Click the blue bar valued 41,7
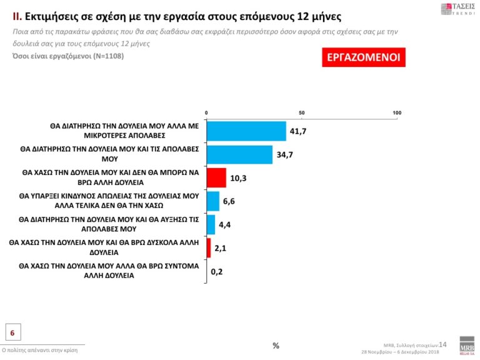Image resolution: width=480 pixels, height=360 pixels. coord(246,131)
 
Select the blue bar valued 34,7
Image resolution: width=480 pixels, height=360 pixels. coord(239,154)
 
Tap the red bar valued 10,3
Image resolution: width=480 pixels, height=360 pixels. coord(216,177)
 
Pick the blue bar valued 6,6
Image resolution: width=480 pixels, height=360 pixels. coord(212,201)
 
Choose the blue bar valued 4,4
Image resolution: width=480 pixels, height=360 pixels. coord(211,224)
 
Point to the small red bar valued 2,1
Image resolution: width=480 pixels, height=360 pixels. coord(209,248)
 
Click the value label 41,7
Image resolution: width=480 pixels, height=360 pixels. coord(297,131)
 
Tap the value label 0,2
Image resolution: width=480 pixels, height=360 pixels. coord(217,272)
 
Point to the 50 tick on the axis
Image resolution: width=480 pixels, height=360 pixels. coord(302,112)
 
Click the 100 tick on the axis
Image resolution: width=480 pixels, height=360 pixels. coord(397,112)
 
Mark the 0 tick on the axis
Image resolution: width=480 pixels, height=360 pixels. coord(206,112)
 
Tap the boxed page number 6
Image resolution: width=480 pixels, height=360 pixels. coord(12,332)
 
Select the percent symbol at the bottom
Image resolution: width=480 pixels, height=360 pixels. coord(276,346)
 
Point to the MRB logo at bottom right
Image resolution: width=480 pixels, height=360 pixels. coord(466,347)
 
